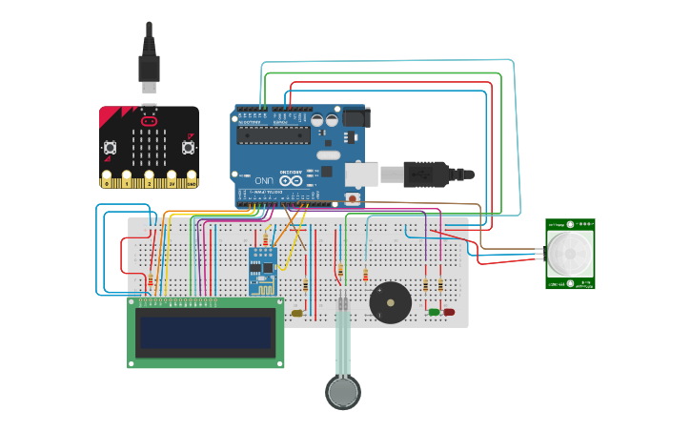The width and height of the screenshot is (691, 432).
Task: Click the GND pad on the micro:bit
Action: click(192, 179)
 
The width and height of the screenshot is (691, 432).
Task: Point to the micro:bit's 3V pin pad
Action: click(171, 179)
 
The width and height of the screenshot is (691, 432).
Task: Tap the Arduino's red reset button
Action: click(353, 198)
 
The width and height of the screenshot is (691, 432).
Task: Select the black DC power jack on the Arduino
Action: click(356, 118)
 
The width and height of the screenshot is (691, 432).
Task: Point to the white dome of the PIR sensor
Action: click(570, 254)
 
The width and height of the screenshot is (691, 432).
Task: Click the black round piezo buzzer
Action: click(391, 302)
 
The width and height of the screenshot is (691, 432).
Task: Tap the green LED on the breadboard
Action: click(435, 311)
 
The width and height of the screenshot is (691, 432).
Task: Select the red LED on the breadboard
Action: click(449, 311)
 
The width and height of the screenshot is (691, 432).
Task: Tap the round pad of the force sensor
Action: click(343, 391)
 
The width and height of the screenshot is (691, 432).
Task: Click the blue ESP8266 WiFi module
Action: click(262, 270)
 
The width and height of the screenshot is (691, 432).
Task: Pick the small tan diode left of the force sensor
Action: click(297, 313)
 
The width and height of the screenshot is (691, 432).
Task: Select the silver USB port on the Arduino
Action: click(363, 175)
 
